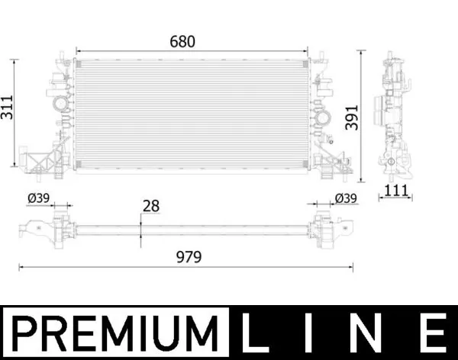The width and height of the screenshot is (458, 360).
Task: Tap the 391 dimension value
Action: click(x=350, y=116)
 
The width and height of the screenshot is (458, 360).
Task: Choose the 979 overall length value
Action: click(x=187, y=258)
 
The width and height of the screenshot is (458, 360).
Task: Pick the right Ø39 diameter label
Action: click(x=346, y=198)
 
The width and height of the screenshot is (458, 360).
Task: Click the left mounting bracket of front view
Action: click(x=42, y=161)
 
